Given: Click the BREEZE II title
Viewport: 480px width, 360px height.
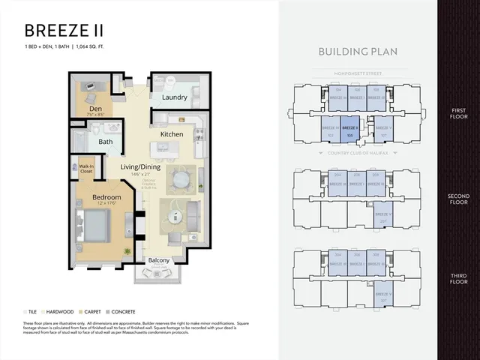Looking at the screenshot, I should (x=64, y=31).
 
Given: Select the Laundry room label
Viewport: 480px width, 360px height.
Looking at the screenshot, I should (x=174, y=97).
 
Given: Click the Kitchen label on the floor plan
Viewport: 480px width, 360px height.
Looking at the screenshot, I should (x=172, y=134).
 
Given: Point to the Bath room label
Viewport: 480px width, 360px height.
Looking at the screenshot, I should (x=106, y=141).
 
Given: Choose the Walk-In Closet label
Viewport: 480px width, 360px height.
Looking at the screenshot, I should (x=86, y=168).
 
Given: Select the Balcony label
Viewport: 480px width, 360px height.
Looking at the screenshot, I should (x=158, y=261).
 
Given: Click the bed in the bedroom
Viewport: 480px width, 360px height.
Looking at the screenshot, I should (x=94, y=223).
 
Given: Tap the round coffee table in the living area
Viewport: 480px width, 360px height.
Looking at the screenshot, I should (x=175, y=218).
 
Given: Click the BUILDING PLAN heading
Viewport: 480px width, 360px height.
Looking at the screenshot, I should (x=357, y=52).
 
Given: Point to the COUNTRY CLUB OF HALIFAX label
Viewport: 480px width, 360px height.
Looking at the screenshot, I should (x=357, y=152).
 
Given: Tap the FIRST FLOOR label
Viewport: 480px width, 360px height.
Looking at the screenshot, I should (x=457, y=112).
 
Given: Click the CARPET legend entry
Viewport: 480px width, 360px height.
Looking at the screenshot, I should (x=91, y=310).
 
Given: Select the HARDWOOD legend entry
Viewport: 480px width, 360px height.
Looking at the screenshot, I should (x=58, y=310).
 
